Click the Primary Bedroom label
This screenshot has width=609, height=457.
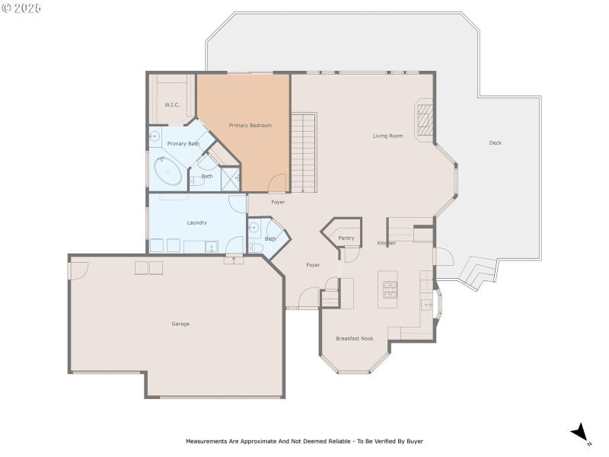pyautogui.click(x=250, y=126)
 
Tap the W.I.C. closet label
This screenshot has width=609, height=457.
pyautogui.click(x=172, y=104)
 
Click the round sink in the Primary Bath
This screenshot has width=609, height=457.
pyautogui.click(x=155, y=137)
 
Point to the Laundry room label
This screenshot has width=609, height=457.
pyautogui.click(x=196, y=222)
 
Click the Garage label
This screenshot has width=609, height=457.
pyautogui.click(x=180, y=324)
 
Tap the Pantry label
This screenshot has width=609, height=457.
pyautogui.click(x=346, y=238)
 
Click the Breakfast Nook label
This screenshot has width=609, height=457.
pyautogui.click(x=354, y=338)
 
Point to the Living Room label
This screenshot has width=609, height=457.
pyautogui.click(x=387, y=136)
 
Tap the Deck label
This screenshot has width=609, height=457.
pyautogui.click(x=495, y=143)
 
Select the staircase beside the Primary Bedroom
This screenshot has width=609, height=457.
pyautogui.click(x=304, y=152)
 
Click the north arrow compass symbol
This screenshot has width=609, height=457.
pyautogui.click(x=581, y=433)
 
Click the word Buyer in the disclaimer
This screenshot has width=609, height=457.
pyautogui.click(x=414, y=441)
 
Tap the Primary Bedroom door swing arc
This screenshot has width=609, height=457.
pyautogui.click(x=279, y=184)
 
